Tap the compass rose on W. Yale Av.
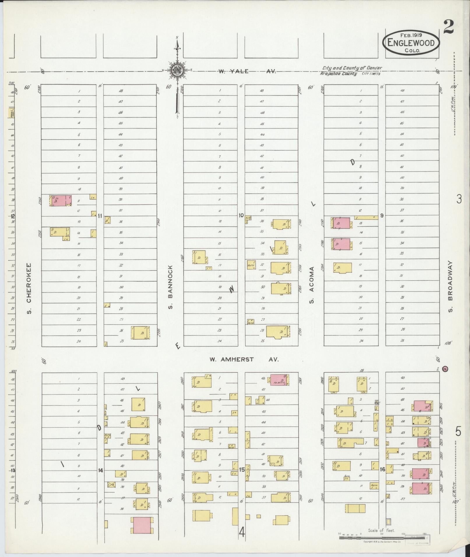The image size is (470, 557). [x=177, y=70]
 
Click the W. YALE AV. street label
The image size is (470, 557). [x=247, y=71]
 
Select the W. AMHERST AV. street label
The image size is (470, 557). [x=244, y=360]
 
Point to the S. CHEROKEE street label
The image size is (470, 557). [x=29, y=289]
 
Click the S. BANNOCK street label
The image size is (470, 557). [x=171, y=287]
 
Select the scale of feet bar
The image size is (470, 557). [x=382, y=538]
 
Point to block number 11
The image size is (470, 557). [x=100, y=216]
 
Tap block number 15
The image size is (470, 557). [x=242, y=470]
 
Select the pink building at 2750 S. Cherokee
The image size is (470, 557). [x=61, y=201]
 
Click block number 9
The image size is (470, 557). [x=382, y=216]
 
